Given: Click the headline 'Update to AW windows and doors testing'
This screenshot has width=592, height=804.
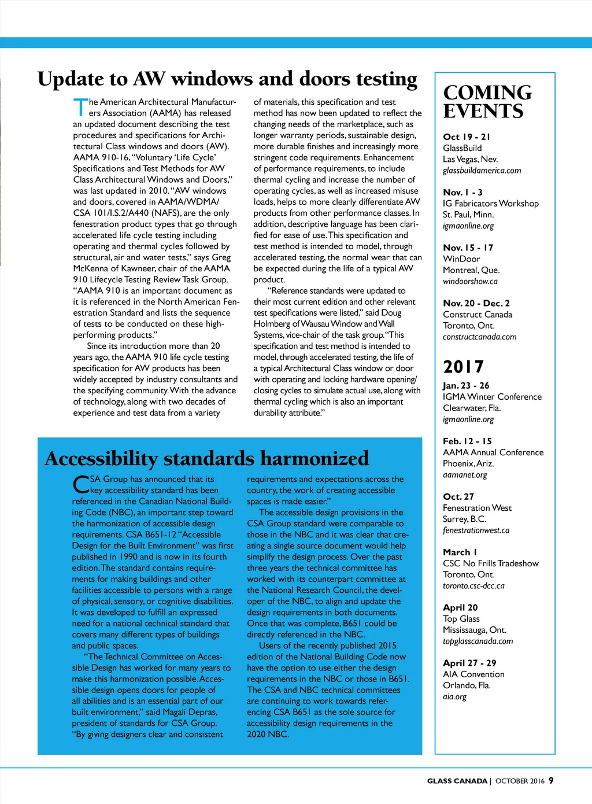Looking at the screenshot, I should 227,79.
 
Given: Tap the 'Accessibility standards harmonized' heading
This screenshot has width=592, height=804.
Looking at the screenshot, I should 206,459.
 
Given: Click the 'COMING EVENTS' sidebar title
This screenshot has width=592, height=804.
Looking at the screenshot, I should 487,102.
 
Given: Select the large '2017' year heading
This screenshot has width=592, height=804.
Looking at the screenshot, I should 463,367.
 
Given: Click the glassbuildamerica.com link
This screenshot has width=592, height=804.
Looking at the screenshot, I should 482,171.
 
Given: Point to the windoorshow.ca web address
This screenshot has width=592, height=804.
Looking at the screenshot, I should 470,282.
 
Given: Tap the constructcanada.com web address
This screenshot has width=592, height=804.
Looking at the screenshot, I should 479,337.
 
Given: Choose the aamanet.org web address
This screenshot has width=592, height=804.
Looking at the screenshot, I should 465,475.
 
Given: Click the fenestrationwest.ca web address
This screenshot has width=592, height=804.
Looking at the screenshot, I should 476,530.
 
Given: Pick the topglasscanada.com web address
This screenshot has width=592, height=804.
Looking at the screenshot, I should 478,641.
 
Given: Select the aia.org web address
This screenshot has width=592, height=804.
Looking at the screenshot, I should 454,697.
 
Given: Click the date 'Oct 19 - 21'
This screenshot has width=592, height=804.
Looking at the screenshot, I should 466,137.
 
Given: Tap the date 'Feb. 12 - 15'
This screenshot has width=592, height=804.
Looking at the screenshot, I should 467,441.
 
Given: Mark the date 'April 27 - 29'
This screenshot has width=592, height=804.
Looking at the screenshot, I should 469,663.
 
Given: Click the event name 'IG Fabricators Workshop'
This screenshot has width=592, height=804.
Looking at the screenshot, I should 490,204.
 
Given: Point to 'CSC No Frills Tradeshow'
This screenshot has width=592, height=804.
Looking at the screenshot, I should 490,563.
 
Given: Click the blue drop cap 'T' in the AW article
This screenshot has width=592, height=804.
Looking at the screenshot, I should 80,108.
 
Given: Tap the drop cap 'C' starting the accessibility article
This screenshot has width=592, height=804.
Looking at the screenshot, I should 80,485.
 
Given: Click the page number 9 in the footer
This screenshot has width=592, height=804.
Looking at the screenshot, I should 551,780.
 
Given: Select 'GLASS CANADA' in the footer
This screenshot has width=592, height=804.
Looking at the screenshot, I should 457,781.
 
